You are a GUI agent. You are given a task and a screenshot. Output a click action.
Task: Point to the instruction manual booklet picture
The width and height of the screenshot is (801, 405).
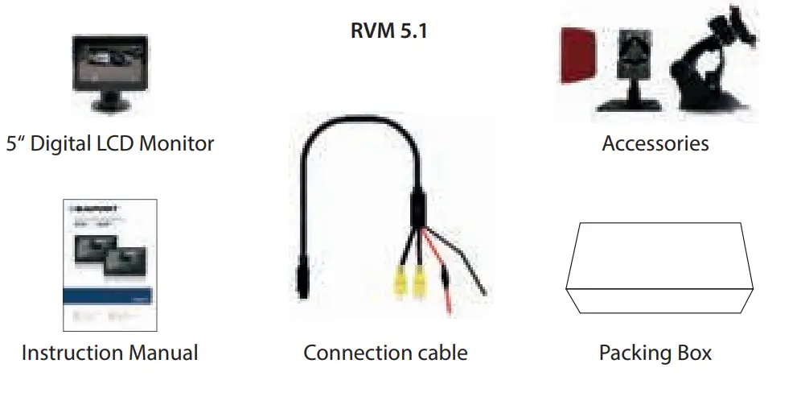[109, 265]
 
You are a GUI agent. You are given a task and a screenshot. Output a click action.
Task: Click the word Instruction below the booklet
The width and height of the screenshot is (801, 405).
[72, 353]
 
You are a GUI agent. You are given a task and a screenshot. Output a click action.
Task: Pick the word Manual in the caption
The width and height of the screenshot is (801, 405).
[164, 353]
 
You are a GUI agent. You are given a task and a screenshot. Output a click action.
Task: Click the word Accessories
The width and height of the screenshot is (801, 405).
[655, 144]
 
